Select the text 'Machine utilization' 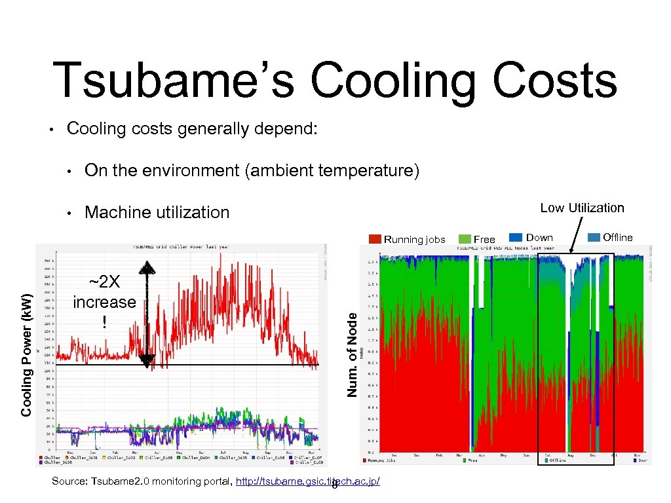pyautogui.click(x=157, y=212)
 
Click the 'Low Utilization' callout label pyautogui.click(x=582, y=208)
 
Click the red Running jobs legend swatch pyautogui.click(x=375, y=239)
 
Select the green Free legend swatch pyautogui.click(x=464, y=239)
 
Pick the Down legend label pyautogui.click(x=539, y=238)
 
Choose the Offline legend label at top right pyautogui.click(x=617, y=238)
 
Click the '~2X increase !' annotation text pyautogui.click(x=104, y=302)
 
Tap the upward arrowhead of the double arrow pyautogui.click(x=149, y=268)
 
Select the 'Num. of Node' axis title pyautogui.click(x=353, y=354)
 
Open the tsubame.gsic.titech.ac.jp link pyautogui.click(x=307, y=482)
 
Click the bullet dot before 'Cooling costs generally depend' pyautogui.click(x=52, y=129)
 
